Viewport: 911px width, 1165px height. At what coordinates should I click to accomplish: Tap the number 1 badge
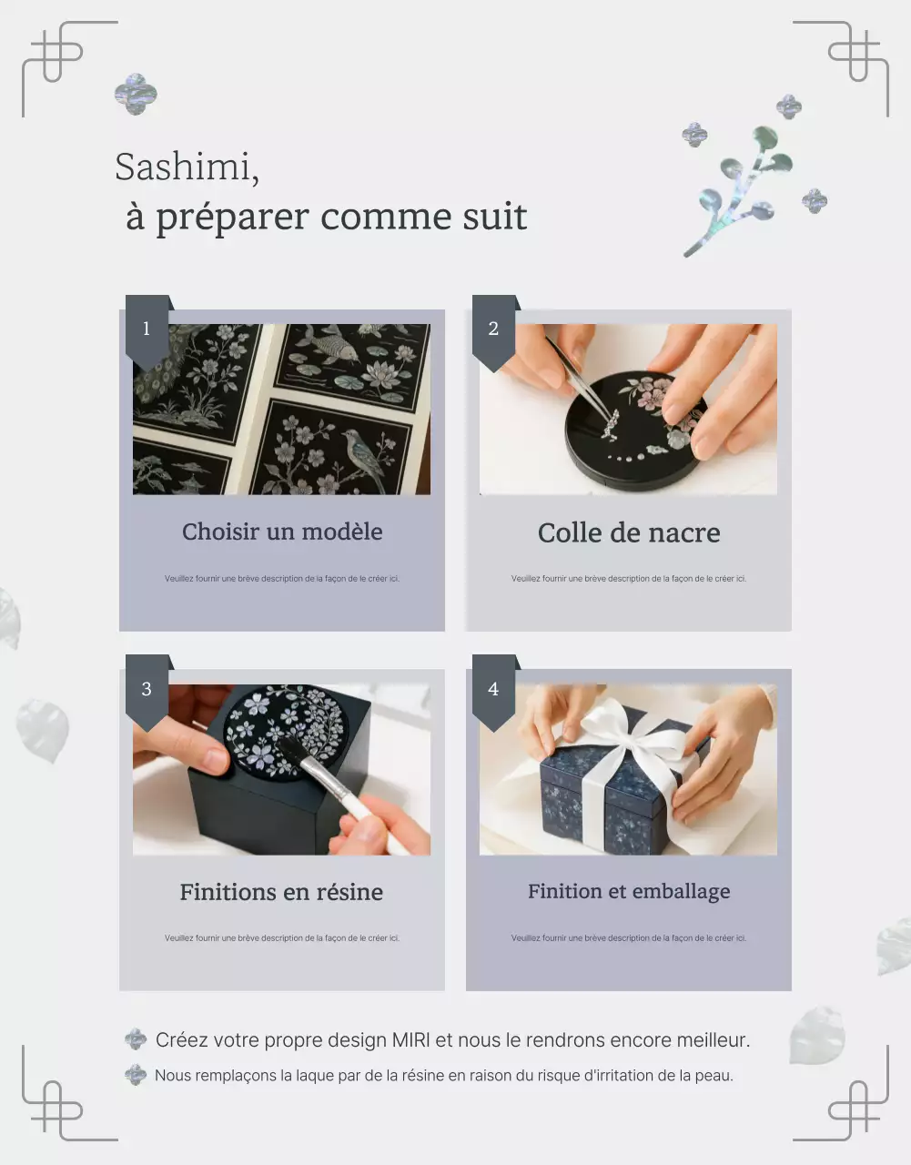(x=147, y=329)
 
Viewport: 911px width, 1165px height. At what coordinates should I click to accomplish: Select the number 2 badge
(x=493, y=329)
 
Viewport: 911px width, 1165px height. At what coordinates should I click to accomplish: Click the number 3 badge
(x=147, y=689)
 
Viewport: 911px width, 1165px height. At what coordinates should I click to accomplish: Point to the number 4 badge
(x=493, y=689)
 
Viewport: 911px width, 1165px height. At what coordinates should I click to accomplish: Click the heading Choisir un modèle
(x=282, y=532)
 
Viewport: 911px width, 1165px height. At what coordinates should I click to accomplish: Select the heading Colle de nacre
(x=628, y=532)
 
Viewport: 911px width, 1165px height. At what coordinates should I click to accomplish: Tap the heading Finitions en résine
(x=281, y=892)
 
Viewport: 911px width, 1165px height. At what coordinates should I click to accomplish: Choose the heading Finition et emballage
(x=628, y=891)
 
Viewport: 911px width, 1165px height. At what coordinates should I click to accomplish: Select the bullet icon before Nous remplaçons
(x=136, y=1075)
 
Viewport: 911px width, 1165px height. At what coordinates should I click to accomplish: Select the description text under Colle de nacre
(x=628, y=578)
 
